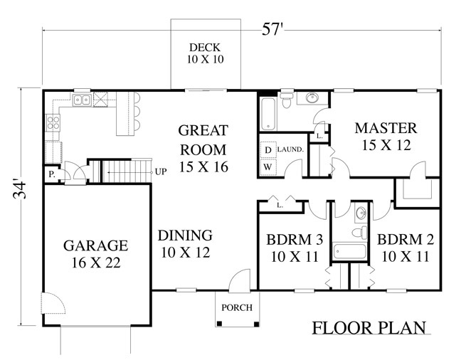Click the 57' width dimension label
(272, 29)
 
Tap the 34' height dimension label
(20, 190)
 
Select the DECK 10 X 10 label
(205, 53)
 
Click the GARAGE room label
(96, 245)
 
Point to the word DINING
(185, 235)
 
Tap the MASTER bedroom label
(386, 128)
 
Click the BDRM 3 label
(295, 240)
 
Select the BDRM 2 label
(406, 240)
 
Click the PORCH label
(237, 307)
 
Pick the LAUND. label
(290, 149)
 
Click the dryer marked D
(268, 150)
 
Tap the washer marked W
(268, 166)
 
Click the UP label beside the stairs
(161, 172)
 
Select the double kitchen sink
(82, 100)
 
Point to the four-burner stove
(53, 123)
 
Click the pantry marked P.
(52, 174)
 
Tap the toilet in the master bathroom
(287, 100)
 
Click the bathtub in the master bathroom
(268, 114)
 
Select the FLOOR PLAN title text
(369, 327)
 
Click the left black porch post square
(219, 324)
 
